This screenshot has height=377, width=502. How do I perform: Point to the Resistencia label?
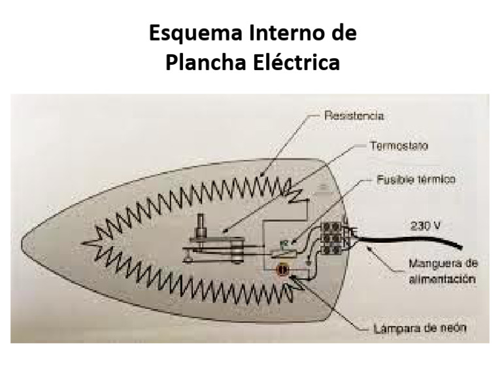click(x=354, y=116)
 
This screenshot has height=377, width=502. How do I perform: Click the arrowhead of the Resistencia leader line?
click(x=261, y=175)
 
